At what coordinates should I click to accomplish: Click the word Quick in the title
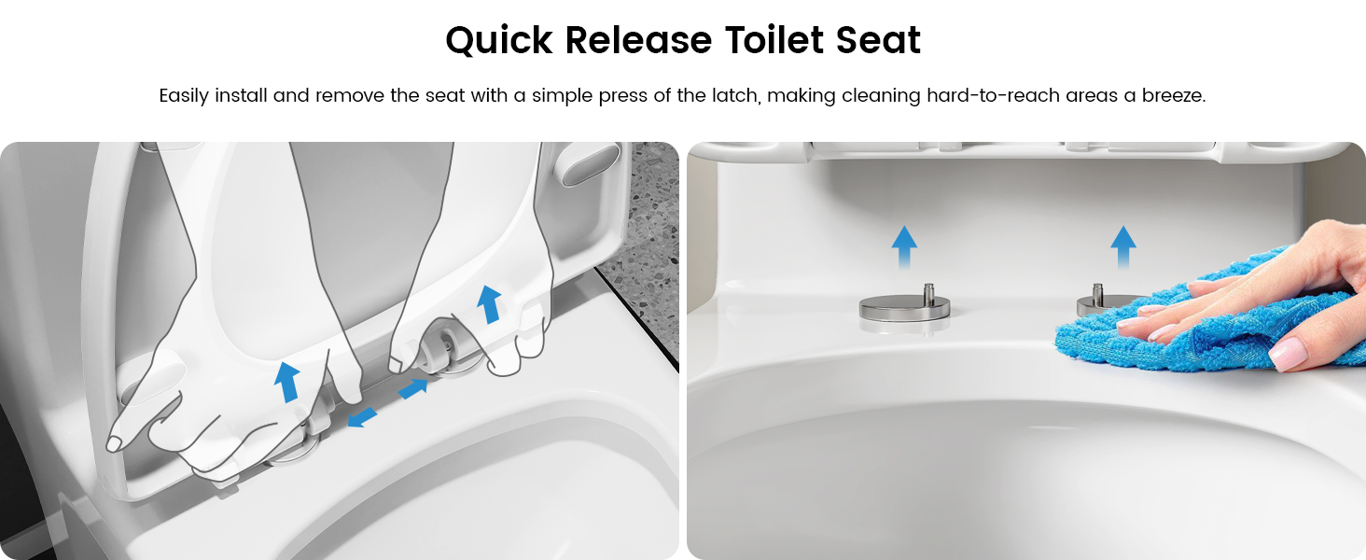pyautogui.click(x=499, y=40)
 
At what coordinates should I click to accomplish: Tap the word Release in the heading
pyautogui.click(x=638, y=40)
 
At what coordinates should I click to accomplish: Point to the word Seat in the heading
pyautogui.click(x=878, y=40)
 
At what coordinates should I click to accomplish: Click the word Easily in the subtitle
pyautogui.click(x=184, y=96)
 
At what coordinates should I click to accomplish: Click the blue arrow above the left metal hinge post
pyautogui.click(x=904, y=247)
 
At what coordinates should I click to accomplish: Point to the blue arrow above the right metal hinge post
pyautogui.click(x=1123, y=247)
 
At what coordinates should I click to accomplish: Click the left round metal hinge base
pyautogui.click(x=904, y=308)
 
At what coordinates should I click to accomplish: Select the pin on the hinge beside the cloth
pyautogui.click(x=1097, y=292)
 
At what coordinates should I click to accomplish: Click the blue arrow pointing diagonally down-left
pyautogui.click(x=362, y=418)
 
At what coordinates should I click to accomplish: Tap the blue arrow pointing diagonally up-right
pyautogui.click(x=413, y=388)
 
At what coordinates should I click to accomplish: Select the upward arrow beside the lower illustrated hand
pyautogui.click(x=286, y=382)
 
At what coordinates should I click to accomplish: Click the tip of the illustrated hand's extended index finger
pyautogui.click(x=112, y=444)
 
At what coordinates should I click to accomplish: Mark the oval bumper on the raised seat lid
pyautogui.click(x=590, y=164)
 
